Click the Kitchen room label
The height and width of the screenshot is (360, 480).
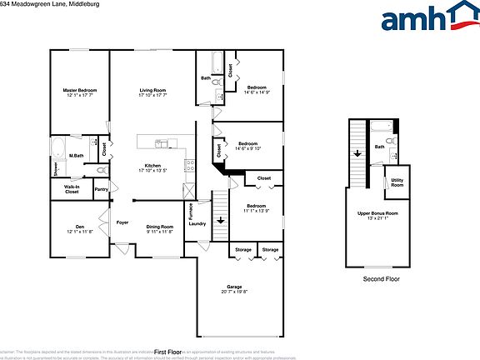click(152, 166)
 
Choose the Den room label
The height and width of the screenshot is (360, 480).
click(79, 227)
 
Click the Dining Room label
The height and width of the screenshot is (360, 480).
click(160, 227)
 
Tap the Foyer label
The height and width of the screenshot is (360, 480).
click(122, 222)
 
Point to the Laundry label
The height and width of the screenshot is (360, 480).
click(197, 223)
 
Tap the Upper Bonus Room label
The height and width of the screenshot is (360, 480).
click(377, 213)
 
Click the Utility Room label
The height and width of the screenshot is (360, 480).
click(397, 182)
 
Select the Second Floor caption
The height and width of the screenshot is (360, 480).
click(381, 279)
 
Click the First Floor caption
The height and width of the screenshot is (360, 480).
click(167, 352)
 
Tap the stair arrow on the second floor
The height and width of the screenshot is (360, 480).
click(357, 153)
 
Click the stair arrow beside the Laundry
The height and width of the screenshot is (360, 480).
click(220, 221)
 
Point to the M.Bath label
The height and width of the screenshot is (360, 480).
click(76, 156)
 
